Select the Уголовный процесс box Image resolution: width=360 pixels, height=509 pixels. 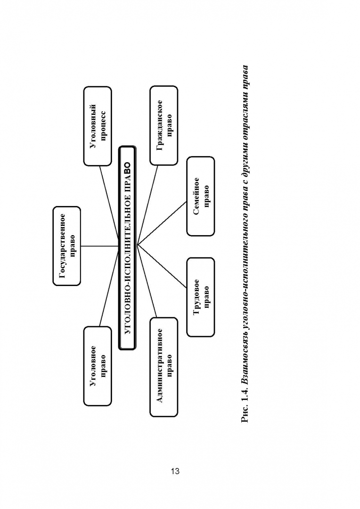(98, 126)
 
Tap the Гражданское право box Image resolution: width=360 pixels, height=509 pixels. (164, 125)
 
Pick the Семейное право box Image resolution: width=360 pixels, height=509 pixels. (201, 196)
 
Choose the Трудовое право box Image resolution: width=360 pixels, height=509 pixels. (201, 297)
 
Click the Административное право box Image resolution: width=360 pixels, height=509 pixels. (164, 367)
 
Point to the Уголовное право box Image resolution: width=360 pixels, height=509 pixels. (98, 366)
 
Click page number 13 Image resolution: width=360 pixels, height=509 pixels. (175, 471)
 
